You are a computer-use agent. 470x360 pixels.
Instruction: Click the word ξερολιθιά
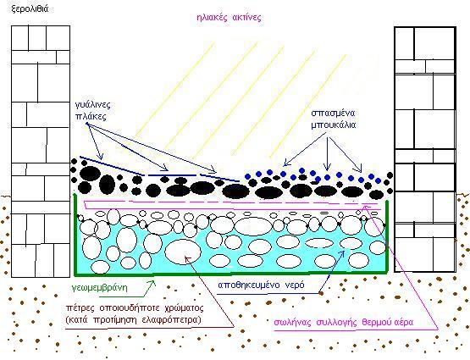coord(30,9)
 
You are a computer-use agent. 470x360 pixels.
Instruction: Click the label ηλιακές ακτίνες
coord(229,18)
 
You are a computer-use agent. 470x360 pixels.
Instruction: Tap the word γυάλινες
coord(93,105)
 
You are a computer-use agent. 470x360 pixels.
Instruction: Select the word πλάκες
coord(91,116)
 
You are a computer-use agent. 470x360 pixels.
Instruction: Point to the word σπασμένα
coord(333,114)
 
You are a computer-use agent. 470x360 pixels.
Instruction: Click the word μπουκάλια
coord(334,125)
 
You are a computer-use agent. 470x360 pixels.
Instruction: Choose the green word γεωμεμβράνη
coord(100,288)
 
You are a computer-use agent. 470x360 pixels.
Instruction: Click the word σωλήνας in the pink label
coord(292,323)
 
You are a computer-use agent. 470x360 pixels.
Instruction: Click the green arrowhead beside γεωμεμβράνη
coord(153,283)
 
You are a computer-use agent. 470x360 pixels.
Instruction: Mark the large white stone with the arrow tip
coord(183,252)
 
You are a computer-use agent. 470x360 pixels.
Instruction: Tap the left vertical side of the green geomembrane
coord(75,235)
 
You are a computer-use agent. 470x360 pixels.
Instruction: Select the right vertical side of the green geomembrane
coord(387,237)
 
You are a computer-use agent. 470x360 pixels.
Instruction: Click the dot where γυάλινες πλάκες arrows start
coord(87,124)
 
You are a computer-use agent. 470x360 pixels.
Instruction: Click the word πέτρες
coord(78,308)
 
